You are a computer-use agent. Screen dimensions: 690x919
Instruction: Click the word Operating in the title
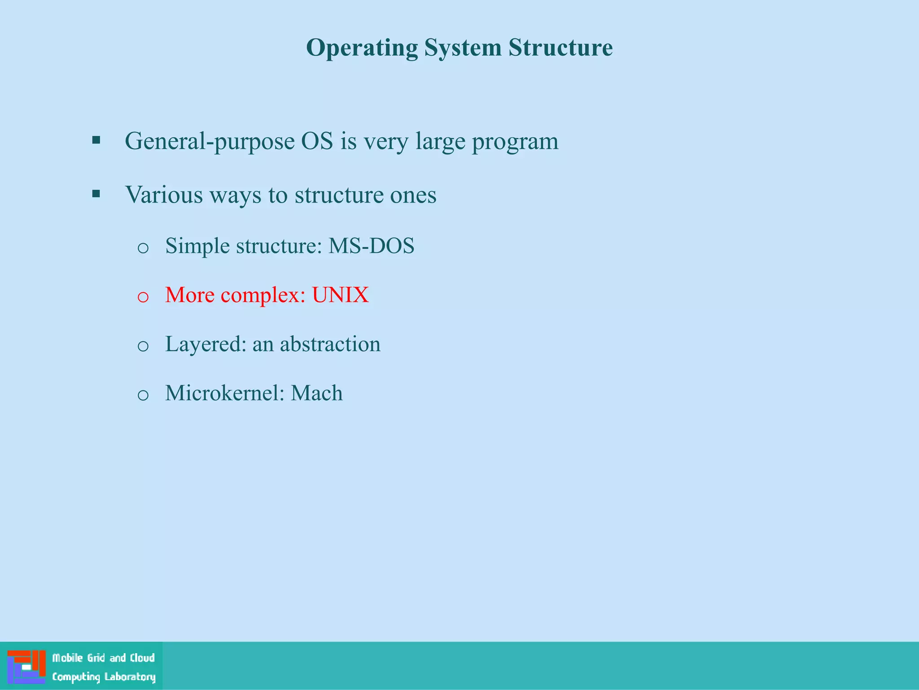click(x=362, y=48)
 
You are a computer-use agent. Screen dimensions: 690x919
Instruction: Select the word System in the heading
click(x=463, y=48)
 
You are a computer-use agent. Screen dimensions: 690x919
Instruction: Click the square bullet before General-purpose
click(x=96, y=140)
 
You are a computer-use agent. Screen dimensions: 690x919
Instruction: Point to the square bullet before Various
click(x=96, y=194)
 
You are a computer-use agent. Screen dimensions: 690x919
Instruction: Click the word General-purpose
click(x=210, y=142)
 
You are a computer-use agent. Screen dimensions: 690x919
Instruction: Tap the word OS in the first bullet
click(x=317, y=141)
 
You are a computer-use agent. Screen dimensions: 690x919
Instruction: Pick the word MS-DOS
click(x=371, y=246)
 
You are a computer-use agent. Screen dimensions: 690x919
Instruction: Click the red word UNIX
click(x=340, y=295)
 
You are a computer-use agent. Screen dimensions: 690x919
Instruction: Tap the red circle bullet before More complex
click(x=143, y=296)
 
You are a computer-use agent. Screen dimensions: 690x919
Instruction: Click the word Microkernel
click(x=225, y=393)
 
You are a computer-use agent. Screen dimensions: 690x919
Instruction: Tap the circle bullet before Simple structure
click(x=143, y=248)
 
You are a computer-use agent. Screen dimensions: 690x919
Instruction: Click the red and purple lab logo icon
click(x=26, y=666)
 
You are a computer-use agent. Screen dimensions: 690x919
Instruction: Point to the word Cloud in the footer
click(x=142, y=658)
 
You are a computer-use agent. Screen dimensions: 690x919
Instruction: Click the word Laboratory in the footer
click(x=130, y=677)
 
